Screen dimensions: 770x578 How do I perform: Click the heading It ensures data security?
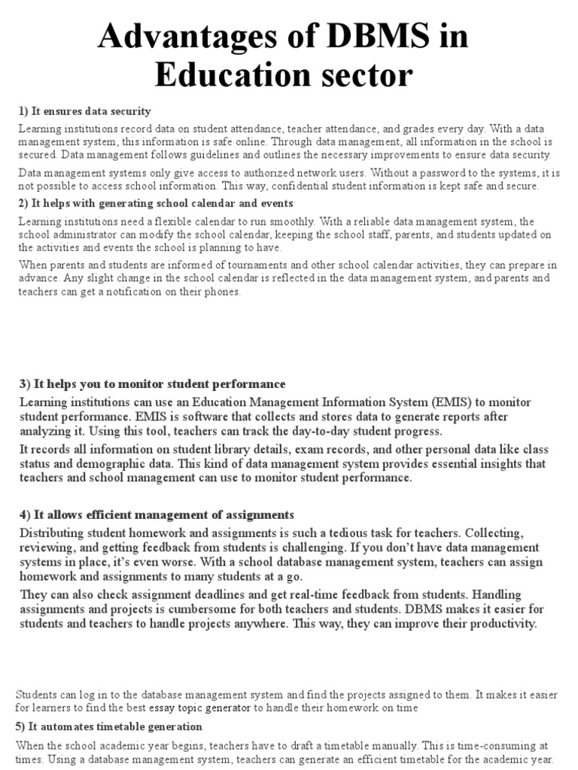(x=85, y=111)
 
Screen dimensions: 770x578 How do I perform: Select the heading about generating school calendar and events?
(x=156, y=203)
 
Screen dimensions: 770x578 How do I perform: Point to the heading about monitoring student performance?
(x=152, y=384)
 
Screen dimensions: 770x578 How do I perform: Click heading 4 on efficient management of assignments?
(x=156, y=514)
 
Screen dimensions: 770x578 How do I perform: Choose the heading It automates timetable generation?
(x=109, y=726)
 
